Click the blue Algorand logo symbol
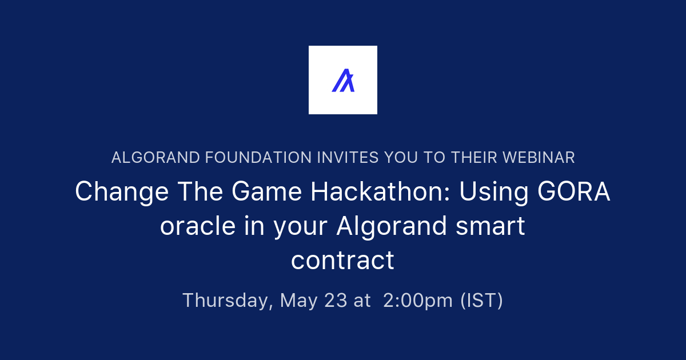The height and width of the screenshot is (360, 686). point(343,81)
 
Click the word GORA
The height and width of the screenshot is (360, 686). point(573,192)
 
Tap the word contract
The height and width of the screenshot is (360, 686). point(342,261)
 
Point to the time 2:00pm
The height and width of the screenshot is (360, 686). point(418,301)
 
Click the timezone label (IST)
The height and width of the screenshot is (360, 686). point(481,301)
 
